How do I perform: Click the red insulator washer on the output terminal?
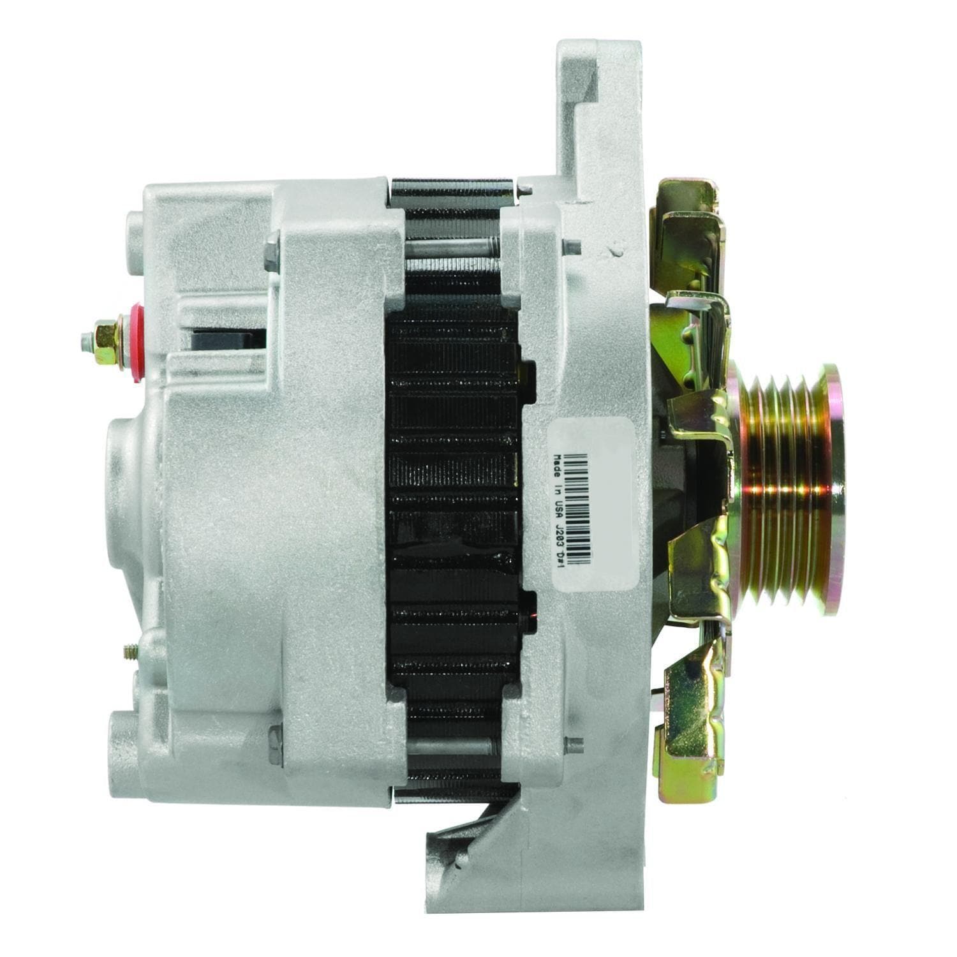(x=136, y=343)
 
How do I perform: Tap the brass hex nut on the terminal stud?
(x=107, y=343)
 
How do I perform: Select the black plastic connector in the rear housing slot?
(x=228, y=339)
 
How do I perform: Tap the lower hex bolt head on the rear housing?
(x=275, y=745)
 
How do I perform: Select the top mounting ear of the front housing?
(x=597, y=83)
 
